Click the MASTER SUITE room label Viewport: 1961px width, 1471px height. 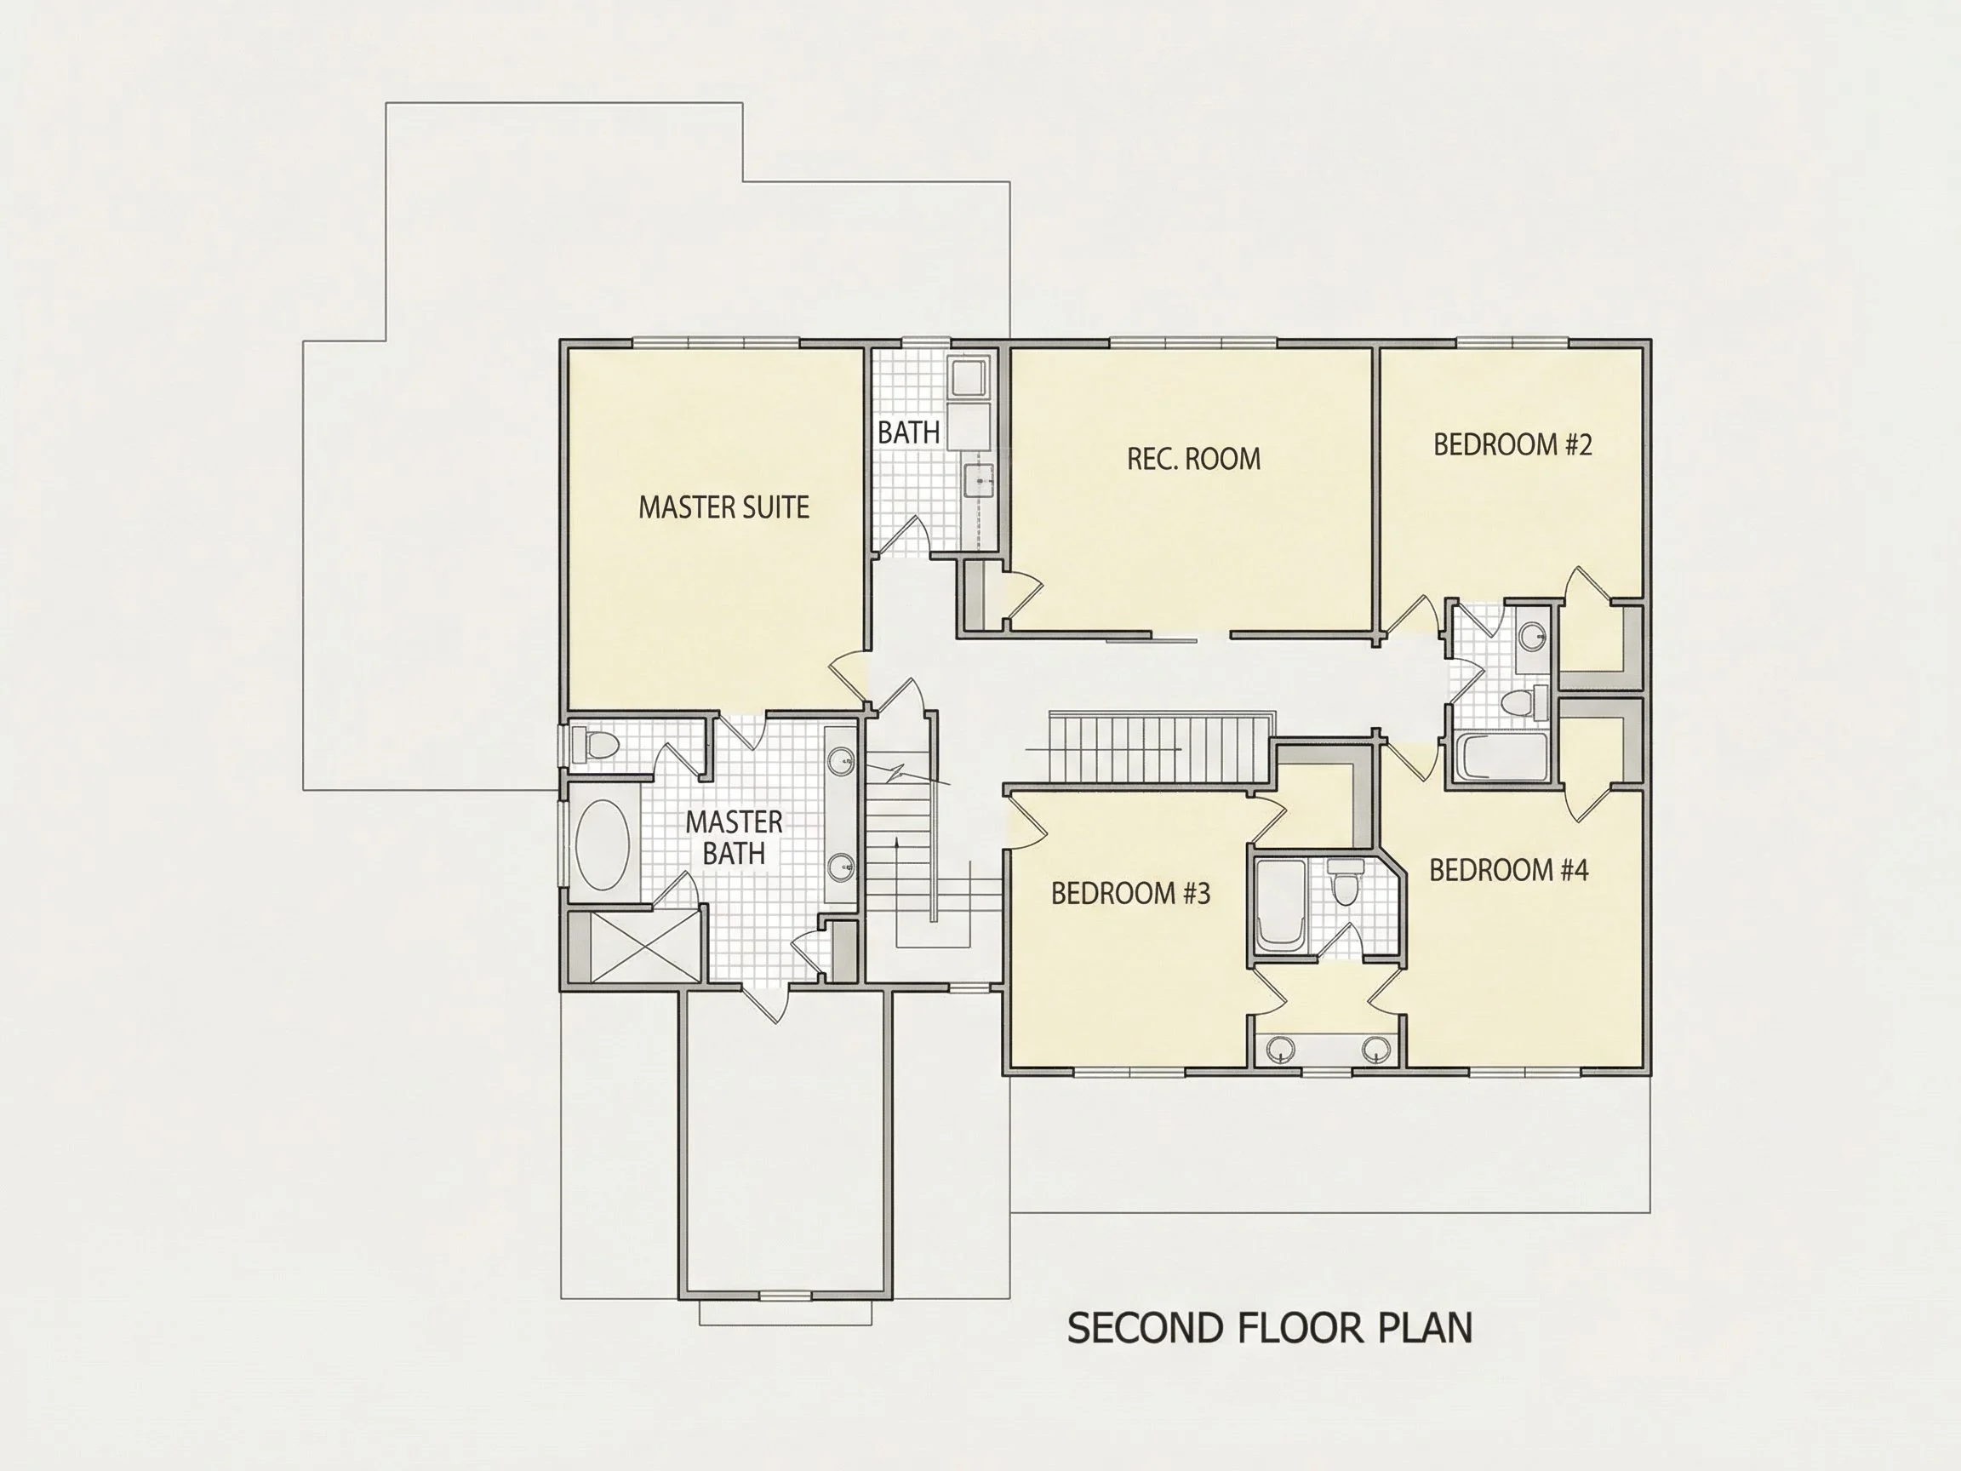tap(723, 507)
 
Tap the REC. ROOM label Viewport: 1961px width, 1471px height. tap(1193, 459)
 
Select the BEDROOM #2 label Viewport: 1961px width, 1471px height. tap(1512, 444)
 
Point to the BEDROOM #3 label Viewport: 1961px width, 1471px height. tap(1130, 893)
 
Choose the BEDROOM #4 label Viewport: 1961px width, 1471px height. tap(1508, 870)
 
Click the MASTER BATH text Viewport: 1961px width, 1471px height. tap(734, 837)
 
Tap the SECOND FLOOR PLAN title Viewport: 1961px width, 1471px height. tap(1270, 1328)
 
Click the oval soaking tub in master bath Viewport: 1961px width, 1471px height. tap(603, 844)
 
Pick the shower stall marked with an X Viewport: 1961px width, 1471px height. tap(644, 945)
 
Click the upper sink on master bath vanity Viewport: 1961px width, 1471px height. tap(841, 760)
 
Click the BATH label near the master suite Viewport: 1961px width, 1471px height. tap(909, 432)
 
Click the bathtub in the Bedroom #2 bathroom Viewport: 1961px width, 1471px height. tap(1501, 755)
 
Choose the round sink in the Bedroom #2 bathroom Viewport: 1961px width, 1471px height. tap(1531, 636)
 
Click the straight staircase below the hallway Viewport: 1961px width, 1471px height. tap(1159, 747)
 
